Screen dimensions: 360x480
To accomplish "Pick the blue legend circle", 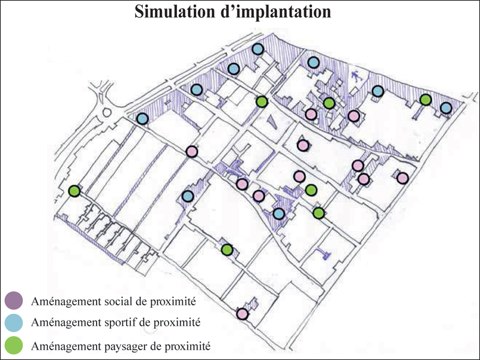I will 14,322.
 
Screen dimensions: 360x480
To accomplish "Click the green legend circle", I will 14,345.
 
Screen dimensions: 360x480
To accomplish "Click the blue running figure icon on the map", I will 356,77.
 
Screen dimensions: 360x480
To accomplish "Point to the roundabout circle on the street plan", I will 107,112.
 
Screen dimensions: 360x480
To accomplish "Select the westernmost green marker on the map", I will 74,191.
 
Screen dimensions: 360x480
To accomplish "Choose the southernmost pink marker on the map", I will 242,313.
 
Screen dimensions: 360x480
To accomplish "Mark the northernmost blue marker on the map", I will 258,49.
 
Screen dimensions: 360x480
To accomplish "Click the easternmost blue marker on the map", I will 446,107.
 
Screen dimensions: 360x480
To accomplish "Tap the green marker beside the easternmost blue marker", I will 425,99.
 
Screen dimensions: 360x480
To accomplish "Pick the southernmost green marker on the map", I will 227,249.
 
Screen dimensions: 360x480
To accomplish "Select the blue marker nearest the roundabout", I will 142,118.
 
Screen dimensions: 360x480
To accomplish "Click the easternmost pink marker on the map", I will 403,178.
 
